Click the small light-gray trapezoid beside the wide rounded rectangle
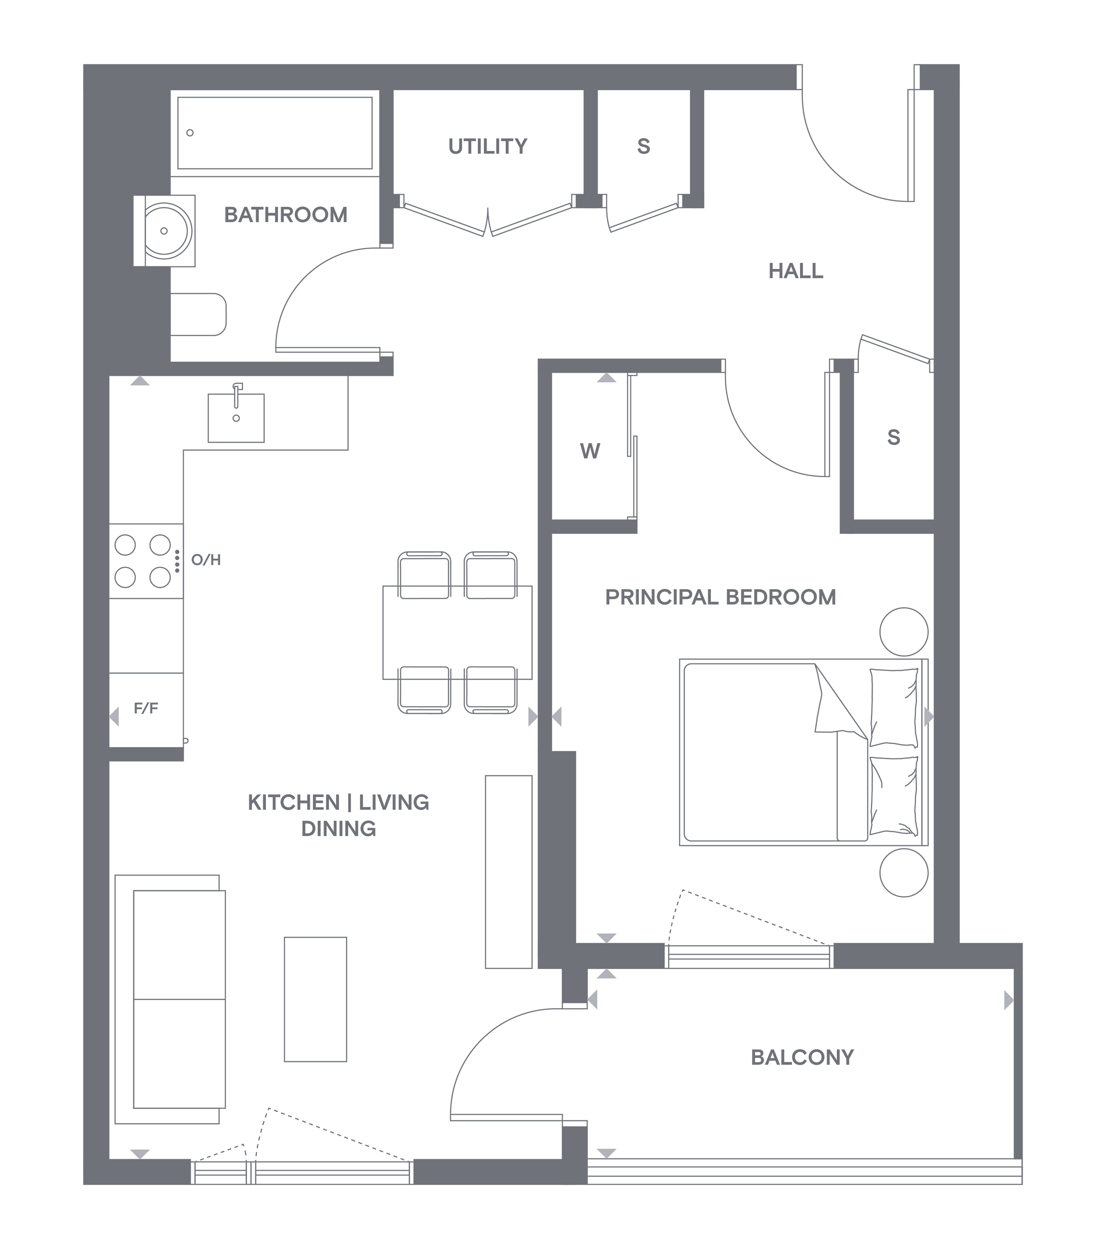point(525,720)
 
